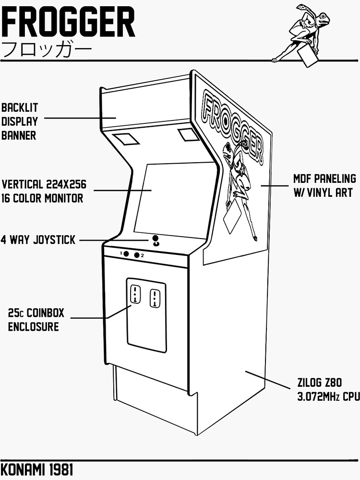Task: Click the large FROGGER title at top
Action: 68,22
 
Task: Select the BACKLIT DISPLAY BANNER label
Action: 19,121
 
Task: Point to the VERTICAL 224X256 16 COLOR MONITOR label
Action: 47,191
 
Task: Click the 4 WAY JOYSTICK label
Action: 38,240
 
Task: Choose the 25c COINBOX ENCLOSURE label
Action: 36,320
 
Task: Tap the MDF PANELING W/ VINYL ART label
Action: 324,185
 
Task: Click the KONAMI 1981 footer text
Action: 37,469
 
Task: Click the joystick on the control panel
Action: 156,241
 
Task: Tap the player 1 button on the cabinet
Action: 126,254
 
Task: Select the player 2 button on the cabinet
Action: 137,255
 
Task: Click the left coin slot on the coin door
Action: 135,294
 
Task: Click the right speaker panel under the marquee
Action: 188,134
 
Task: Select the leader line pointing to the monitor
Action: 122,191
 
